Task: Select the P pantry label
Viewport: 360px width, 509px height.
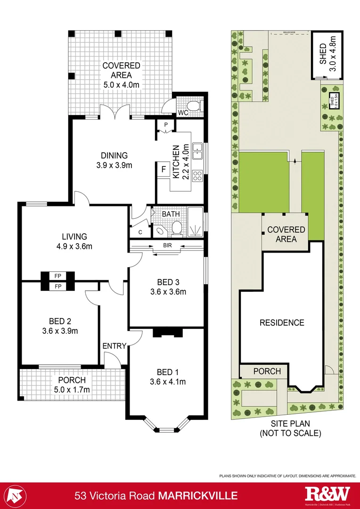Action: (x=165, y=125)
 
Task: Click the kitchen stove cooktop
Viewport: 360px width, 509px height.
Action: (x=198, y=176)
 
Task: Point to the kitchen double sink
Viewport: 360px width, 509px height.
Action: (x=198, y=150)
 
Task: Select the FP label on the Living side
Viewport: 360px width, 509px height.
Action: (x=58, y=276)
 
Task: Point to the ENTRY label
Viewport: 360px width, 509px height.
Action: (x=114, y=346)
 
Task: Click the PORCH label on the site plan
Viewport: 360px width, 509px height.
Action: (x=267, y=371)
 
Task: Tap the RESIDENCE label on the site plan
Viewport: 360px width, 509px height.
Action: (x=282, y=323)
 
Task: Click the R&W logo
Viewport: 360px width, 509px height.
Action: (x=328, y=494)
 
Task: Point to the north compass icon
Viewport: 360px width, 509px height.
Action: (x=17, y=495)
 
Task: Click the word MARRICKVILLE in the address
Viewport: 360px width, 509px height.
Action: (x=198, y=496)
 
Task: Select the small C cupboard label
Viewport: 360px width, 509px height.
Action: (x=140, y=232)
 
